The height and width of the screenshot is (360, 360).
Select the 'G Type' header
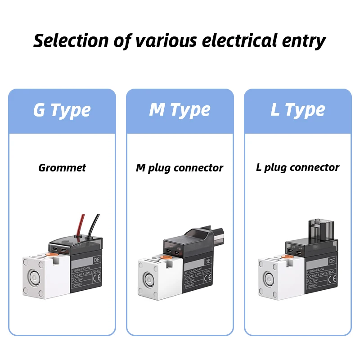(x=62, y=110)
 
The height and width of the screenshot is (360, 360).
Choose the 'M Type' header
(x=180, y=110)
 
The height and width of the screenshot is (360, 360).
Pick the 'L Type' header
(x=297, y=110)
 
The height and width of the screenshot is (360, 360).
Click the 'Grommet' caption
(x=62, y=168)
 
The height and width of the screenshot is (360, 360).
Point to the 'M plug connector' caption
(x=180, y=168)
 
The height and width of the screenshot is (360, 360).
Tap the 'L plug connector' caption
(x=297, y=168)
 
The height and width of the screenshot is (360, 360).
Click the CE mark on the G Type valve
(x=95, y=277)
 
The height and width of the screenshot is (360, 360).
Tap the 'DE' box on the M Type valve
(x=207, y=261)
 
